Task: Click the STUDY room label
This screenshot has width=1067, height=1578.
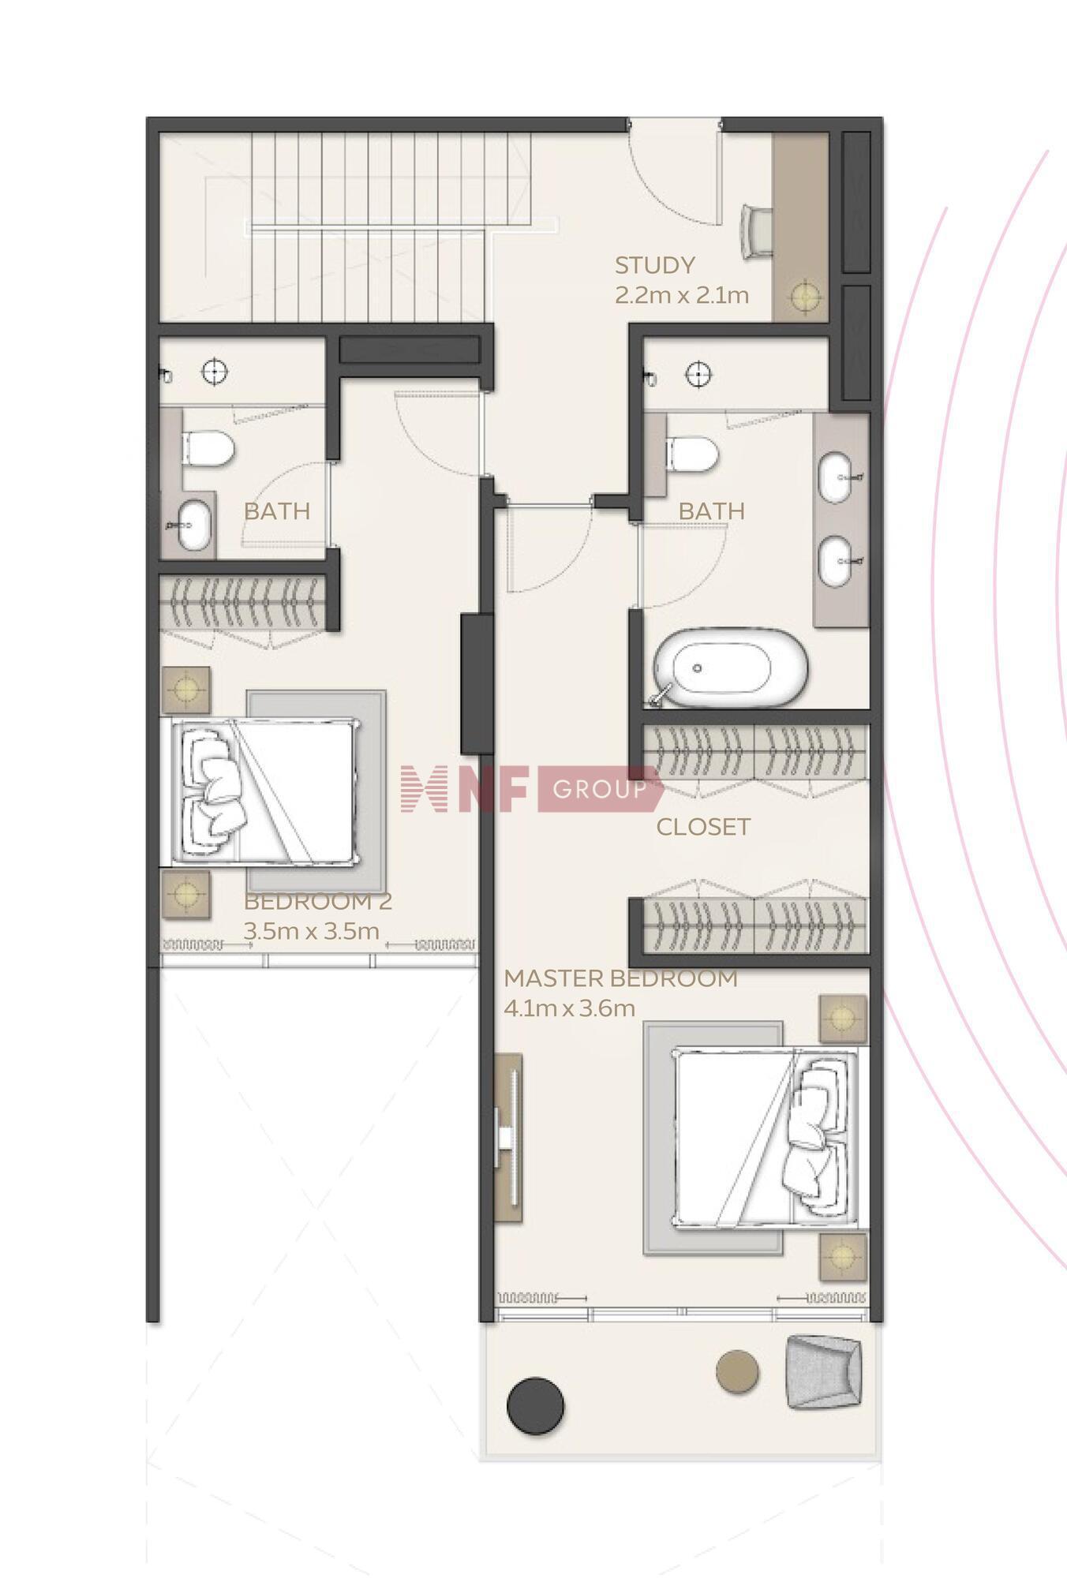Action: [x=655, y=265]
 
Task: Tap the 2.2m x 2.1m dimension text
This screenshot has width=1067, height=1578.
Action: [x=682, y=295]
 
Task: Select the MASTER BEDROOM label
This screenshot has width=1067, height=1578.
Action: [x=621, y=978]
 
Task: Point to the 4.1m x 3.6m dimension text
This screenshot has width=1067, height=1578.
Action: [x=569, y=1008]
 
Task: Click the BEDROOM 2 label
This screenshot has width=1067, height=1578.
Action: [x=317, y=901]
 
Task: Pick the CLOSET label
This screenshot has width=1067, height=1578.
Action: [x=703, y=827]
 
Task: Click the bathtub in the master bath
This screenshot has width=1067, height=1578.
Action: [x=731, y=667]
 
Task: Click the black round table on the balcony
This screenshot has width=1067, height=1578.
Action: [x=536, y=1405]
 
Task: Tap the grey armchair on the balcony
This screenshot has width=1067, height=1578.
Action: [x=823, y=1371]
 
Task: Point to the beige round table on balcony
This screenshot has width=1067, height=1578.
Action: [x=737, y=1370]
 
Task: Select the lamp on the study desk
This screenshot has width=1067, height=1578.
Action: [x=805, y=297]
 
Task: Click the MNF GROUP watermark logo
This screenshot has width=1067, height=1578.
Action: [x=530, y=788]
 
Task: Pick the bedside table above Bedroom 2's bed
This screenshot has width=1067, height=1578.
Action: [x=186, y=690]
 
